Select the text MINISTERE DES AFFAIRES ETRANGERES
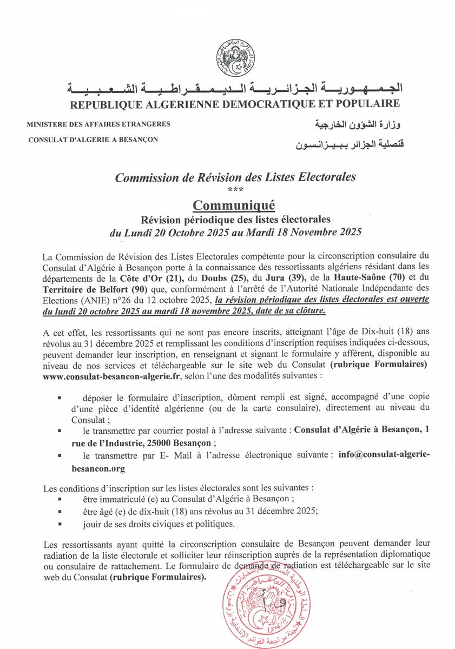pos(98,124)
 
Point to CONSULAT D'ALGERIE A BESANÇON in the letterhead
pos(93,140)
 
